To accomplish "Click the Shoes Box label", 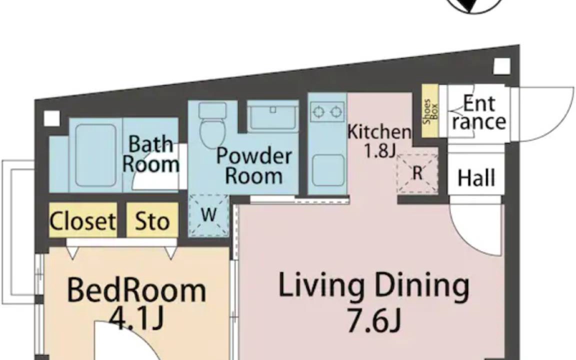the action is [x=430, y=111].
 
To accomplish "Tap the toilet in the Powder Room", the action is [x=212, y=124].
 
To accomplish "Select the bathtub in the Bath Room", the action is [x=96, y=155].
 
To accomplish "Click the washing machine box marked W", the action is [x=208, y=215].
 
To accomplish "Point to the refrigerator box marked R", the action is [x=417, y=173].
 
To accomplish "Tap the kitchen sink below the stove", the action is [x=328, y=170].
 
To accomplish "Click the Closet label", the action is [x=82, y=221].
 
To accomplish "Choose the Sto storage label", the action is [x=152, y=221].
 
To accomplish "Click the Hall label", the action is [x=476, y=178].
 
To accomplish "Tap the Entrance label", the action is [x=479, y=112].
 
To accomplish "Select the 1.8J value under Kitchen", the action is [x=379, y=150].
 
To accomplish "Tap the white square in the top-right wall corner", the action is [x=502, y=66].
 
